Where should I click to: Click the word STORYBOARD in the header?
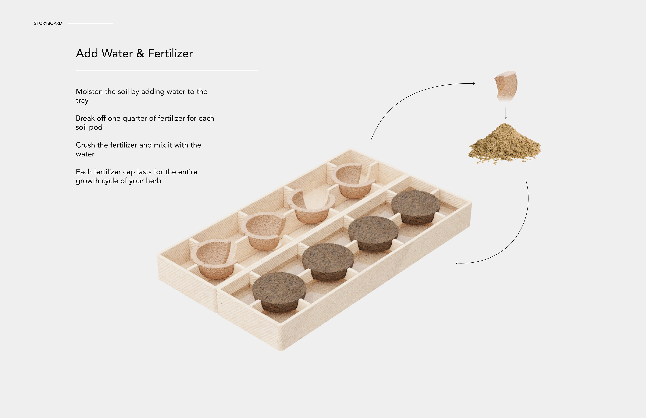(x=48, y=23)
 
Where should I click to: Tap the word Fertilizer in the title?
(x=170, y=53)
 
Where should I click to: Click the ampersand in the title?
(x=140, y=53)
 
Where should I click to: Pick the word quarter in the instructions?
(x=135, y=119)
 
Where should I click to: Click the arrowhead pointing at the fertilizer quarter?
(x=474, y=84)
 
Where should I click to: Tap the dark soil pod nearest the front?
(x=279, y=292)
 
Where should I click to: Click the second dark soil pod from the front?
(x=328, y=262)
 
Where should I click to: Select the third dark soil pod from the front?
(x=373, y=234)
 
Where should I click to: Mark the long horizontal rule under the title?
(x=167, y=70)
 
